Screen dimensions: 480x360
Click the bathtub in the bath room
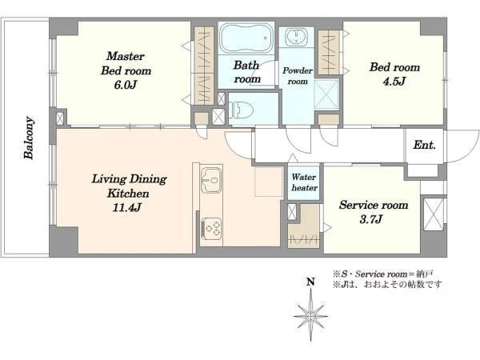(x=246, y=38)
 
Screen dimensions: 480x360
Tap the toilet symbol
(x=242, y=110)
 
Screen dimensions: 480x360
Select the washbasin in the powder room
(x=296, y=37)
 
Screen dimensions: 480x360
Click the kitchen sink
(x=211, y=180)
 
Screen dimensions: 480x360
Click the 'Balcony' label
(x=29, y=138)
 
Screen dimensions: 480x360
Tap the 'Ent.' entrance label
(x=424, y=145)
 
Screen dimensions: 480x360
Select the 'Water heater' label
(x=304, y=182)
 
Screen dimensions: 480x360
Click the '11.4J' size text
(x=126, y=207)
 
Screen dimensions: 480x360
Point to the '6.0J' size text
(x=126, y=85)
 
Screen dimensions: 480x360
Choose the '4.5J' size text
(x=394, y=81)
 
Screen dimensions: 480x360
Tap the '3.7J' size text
(x=370, y=219)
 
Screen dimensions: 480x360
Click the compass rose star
(x=310, y=316)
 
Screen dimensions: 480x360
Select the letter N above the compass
(x=310, y=282)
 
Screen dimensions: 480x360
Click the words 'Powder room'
(x=298, y=76)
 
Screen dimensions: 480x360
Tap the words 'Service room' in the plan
(x=374, y=205)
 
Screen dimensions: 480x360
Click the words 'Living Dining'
(x=129, y=178)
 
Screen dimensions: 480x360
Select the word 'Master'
(x=126, y=56)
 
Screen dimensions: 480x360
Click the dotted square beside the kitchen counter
(x=269, y=182)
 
